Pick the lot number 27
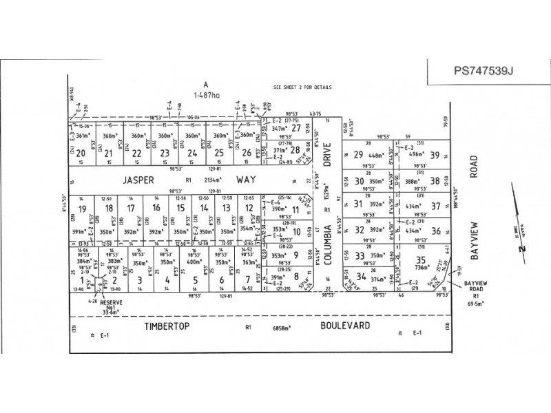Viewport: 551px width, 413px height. [x=296, y=128]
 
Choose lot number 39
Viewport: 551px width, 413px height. [x=435, y=155]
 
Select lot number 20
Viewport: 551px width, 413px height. [x=81, y=153]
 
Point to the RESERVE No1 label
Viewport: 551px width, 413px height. [x=110, y=306]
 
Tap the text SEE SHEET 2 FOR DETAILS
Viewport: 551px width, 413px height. [x=302, y=88]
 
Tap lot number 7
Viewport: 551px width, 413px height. [x=247, y=280]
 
